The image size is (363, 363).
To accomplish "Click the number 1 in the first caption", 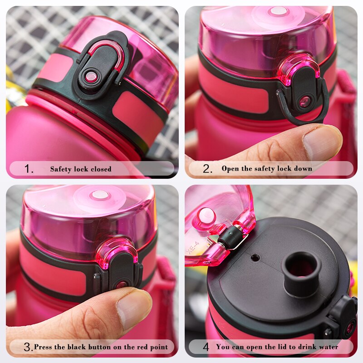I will click(x=28, y=169).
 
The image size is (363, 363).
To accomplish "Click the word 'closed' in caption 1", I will click(x=100, y=169).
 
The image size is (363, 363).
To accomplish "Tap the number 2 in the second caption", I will click(x=207, y=169).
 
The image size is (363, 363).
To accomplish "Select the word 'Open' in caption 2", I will click(x=230, y=169).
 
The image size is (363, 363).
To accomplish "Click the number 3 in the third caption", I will click(x=28, y=348).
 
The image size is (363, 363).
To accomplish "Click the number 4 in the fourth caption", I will click(x=206, y=348).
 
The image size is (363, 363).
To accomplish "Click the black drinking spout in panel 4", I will click(x=301, y=268).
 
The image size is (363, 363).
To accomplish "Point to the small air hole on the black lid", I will click(x=255, y=258).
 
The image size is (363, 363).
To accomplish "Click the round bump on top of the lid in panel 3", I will click(x=99, y=195).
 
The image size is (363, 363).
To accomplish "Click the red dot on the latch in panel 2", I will click(x=304, y=101).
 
